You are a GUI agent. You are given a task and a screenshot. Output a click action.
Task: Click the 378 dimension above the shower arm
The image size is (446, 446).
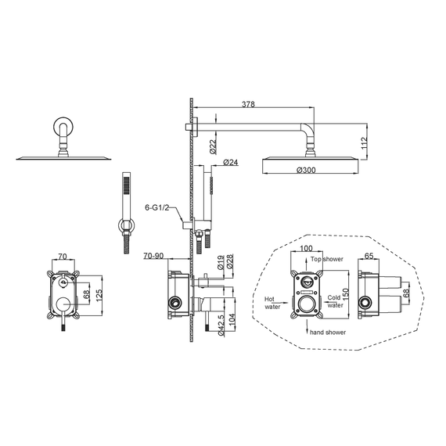(248, 104)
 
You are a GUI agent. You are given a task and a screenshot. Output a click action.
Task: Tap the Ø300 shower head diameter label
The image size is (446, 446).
(306, 170)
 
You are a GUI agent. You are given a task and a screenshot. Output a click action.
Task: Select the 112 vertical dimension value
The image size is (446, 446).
(365, 143)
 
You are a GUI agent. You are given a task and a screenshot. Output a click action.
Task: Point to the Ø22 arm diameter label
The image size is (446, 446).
(213, 146)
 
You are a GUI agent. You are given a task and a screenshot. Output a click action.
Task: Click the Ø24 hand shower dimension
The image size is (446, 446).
(231, 163)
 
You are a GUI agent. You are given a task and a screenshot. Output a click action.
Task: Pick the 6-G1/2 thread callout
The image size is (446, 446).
(157, 207)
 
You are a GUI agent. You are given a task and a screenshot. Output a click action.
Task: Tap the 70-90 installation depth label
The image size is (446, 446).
(153, 256)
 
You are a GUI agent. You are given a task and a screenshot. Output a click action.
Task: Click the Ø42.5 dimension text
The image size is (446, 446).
(222, 325)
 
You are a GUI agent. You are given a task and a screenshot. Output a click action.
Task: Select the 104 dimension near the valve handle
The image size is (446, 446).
(232, 319)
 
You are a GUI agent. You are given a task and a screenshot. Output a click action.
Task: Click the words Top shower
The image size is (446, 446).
(327, 259)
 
